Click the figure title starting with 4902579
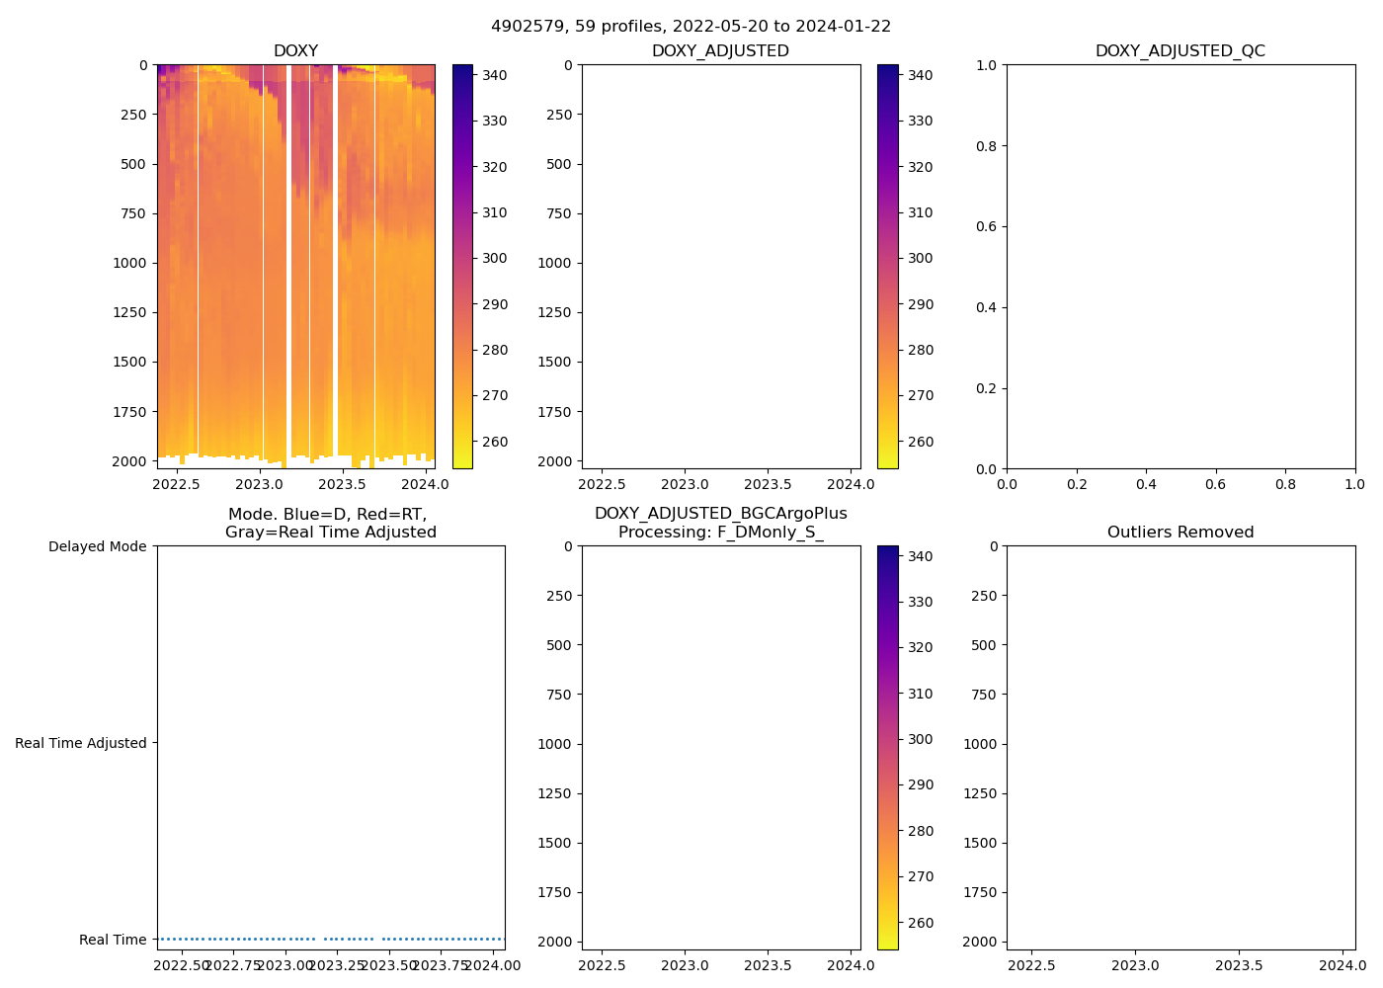pos(691,27)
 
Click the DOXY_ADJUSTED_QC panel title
pos(1180,51)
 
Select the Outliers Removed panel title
pos(1180,533)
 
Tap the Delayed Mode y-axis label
pos(97,546)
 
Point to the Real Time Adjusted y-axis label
pos(81,743)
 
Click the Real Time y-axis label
pos(113,940)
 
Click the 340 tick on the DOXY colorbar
pos(494,75)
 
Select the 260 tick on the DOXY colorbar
pos(494,442)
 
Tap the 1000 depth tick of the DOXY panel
pos(128,263)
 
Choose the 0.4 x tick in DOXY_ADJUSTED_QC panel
pos(1146,484)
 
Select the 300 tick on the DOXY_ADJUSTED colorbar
pos(920,258)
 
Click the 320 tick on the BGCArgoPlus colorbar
pos(920,647)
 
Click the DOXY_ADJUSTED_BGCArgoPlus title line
pos(720,514)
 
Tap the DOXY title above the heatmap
pos(295,51)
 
